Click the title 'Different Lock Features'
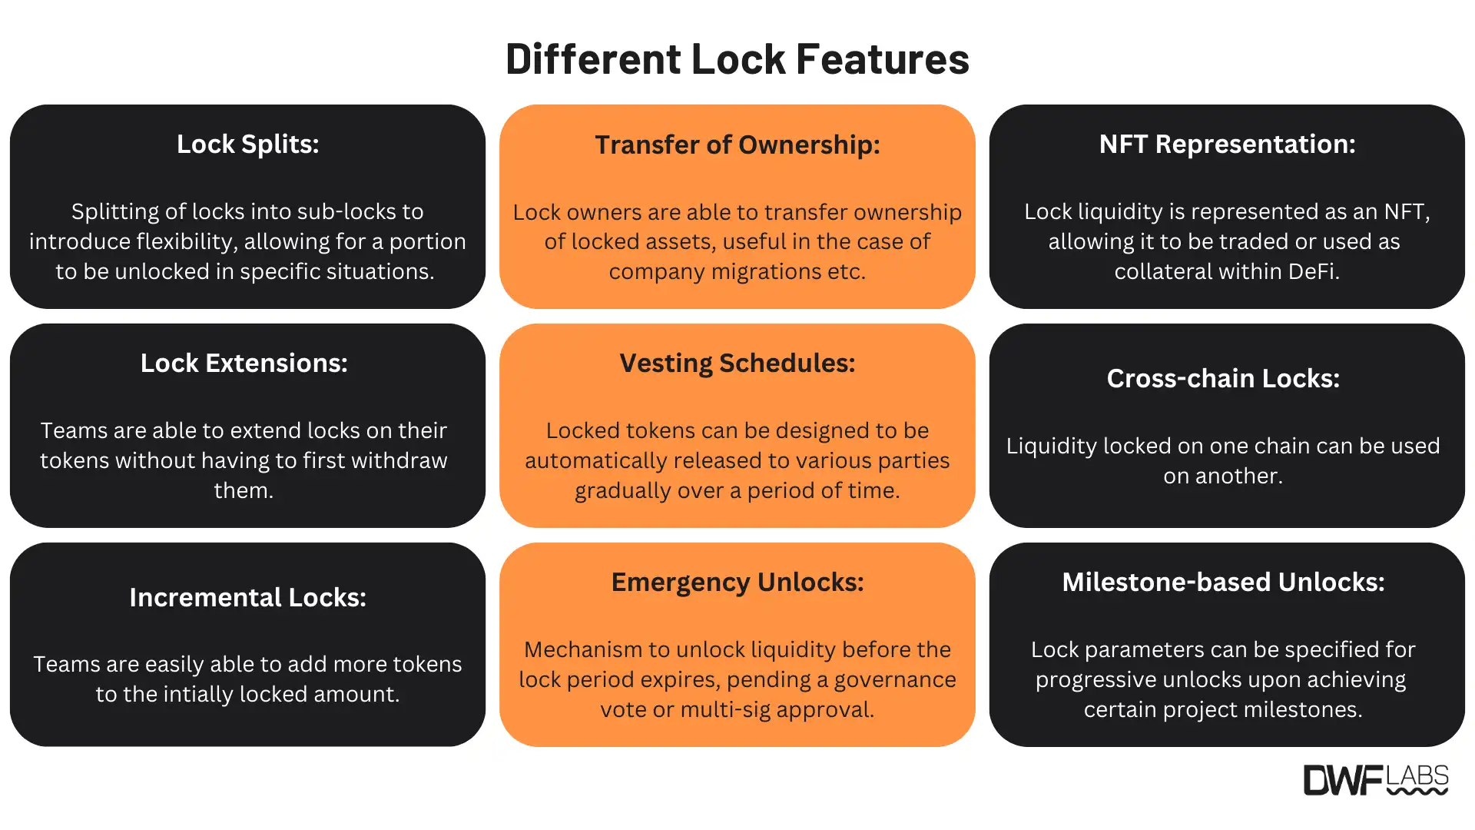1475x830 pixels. coord(737,59)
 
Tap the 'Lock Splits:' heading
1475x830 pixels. coord(247,144)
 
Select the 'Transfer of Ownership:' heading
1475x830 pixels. coord(737,145)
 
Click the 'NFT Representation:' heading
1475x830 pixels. coord(1227,144)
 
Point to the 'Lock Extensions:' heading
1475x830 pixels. coord(244,363)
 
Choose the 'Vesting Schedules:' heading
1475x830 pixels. coord(737,364)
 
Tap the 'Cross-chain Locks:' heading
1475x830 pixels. coord(1223,378)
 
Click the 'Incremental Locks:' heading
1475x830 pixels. coord(247,597)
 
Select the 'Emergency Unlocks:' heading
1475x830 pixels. coord(737,583)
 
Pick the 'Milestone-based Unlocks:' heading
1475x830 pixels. coord(1223,582)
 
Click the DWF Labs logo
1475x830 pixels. coord(1376,780)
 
